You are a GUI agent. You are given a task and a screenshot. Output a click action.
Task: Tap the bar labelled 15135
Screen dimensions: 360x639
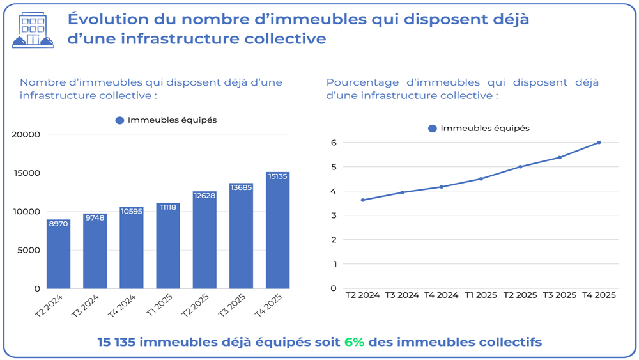tap(277, 230)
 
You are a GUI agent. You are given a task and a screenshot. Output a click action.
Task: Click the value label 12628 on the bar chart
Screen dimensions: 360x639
tap(204, 196)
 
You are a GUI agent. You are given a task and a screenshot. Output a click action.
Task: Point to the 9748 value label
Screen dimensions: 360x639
tap(95, 218)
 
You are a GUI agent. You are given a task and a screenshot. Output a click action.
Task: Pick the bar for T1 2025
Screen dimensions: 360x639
tap(168, 246)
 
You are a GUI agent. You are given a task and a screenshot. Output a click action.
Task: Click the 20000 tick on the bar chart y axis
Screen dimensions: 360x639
tap(26, 134)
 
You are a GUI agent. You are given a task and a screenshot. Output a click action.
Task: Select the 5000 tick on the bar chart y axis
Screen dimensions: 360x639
tap(29, 250)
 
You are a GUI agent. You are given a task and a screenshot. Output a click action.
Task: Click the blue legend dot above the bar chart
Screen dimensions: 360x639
tap(119, 120)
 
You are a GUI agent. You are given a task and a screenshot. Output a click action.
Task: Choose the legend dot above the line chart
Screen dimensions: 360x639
tap(432, 129)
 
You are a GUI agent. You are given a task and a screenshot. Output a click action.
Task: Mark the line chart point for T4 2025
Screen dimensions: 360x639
tap(599, 143)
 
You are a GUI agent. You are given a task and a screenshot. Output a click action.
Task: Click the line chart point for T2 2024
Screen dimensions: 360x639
tap(362, 200)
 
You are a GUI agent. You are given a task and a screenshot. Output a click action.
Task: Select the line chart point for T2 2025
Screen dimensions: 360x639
tap(520, 167)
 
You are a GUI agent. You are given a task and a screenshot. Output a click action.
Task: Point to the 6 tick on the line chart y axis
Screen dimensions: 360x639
tap(334, 143)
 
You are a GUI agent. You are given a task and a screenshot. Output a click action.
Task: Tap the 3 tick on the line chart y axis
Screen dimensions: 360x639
tap(334, 215)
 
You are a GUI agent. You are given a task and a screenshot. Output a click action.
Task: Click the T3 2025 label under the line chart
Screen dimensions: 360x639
tap(560, 295)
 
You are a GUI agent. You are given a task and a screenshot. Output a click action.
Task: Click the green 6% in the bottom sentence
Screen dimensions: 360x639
tap(354, 342)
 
